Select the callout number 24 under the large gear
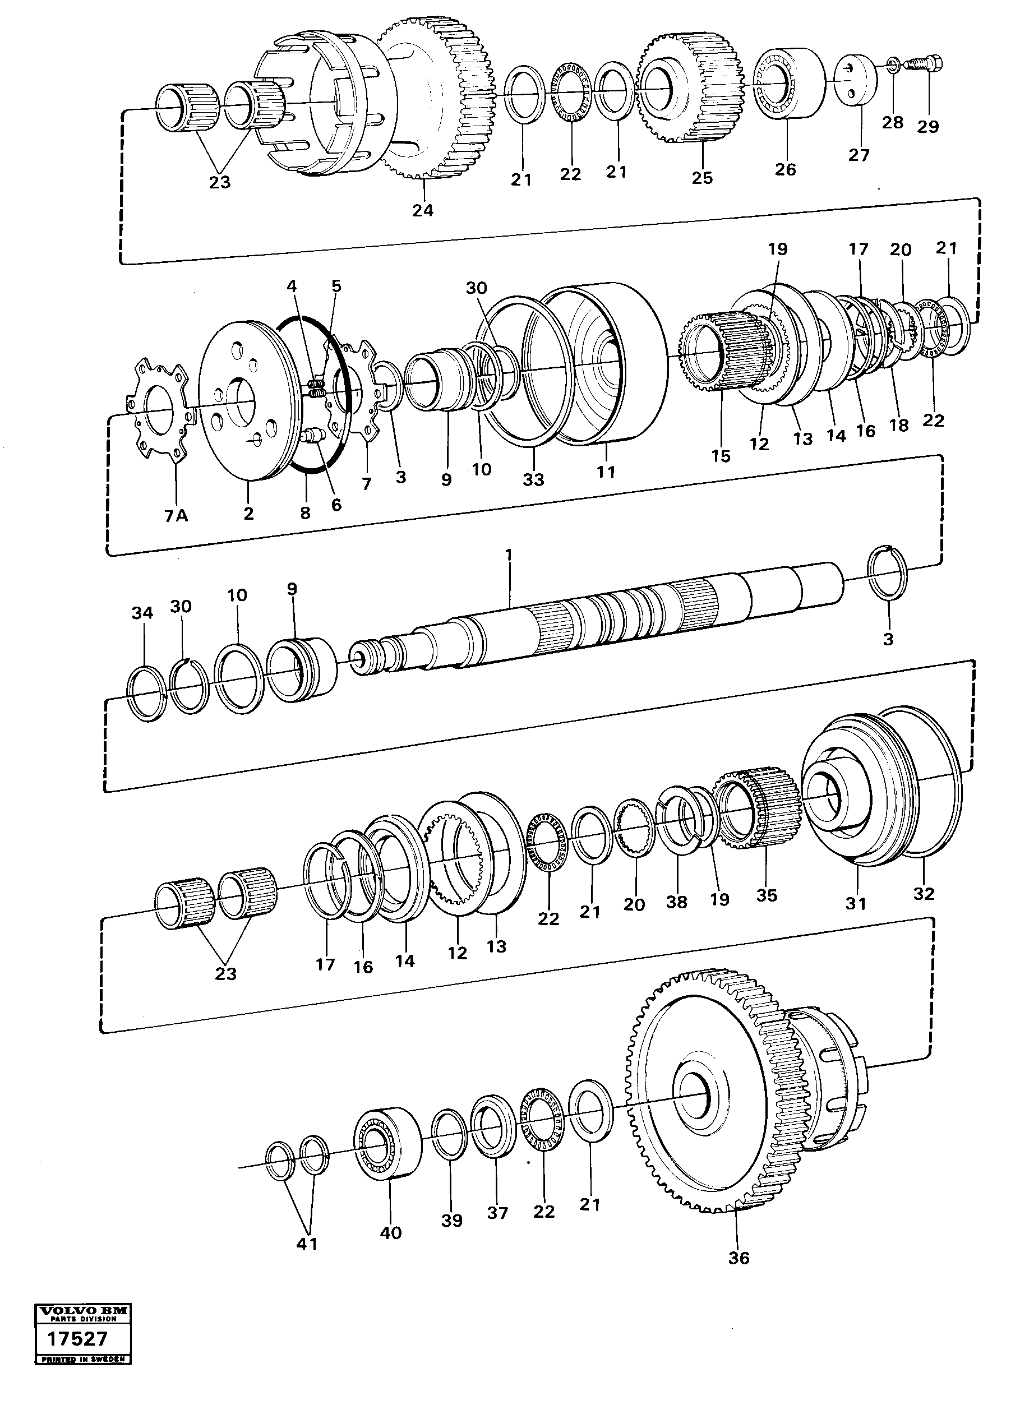click(x=422, y=210)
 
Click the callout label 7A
click(x=176, y=516)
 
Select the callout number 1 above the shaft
click(x=509, y=554)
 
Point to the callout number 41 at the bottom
click(x=307, y=1243)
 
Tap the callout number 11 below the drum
click(x=606, y=472)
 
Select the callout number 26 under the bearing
click(x=786, y=169)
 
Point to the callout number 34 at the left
click(x=142, y=613)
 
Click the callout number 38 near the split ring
click(x=676, y=902)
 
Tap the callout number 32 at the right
click(x=924, y=893)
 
